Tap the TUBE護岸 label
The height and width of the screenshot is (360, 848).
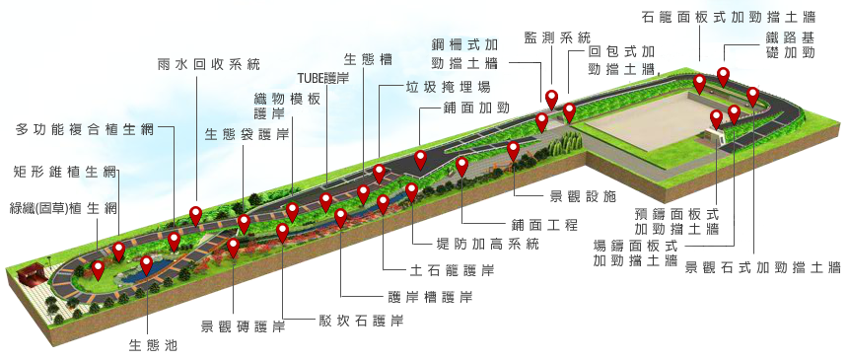click(x=323, y=77)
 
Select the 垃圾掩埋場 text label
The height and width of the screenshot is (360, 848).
click(x=448, y=86)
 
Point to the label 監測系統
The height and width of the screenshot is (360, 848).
click(x=557, y=37)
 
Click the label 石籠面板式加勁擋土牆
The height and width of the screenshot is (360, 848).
click(x=728, y=16)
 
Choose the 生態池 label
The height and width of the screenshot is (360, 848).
click(x=153, y=345)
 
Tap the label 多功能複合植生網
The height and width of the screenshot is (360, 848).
click(x=85, y=129)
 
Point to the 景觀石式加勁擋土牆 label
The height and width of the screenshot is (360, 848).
click(x=762, y=267)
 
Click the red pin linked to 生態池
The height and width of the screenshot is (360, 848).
click(x=147, y=265)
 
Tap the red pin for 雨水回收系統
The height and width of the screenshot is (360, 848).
click(x=196, y=217)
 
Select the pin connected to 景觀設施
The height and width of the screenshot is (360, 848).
click(x=513, y=151)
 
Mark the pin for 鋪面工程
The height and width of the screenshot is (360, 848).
click(x=461, y=167)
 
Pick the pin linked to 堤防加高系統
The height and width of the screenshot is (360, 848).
click(x=411, y=192)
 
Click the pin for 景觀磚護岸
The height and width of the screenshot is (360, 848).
click(x=233, y=248)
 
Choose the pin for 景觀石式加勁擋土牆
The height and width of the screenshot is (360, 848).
click(x=752, y=98)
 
